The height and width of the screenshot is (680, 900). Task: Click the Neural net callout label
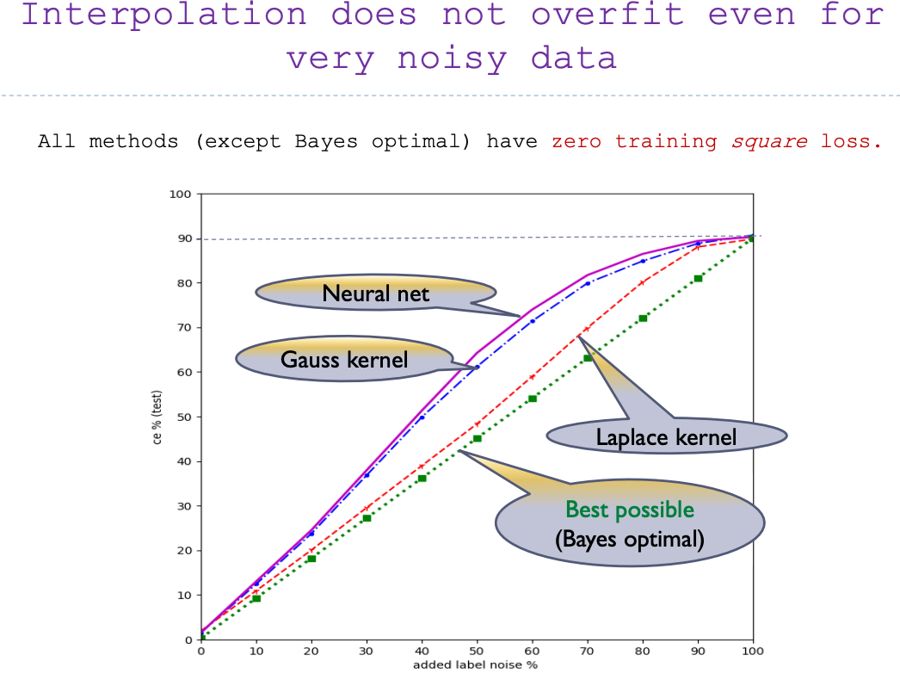[x=375, y=294]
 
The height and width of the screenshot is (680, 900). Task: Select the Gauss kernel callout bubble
[x=344, y=358]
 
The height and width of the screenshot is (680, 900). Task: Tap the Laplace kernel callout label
[x=666, y=437]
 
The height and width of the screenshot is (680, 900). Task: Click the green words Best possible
[x=630, y=510]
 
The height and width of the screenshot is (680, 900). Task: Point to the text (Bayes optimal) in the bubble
[x=630, y=540]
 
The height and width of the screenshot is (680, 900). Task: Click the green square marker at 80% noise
[x=643, y=318]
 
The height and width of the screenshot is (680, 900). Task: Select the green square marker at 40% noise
[x=422, y=478]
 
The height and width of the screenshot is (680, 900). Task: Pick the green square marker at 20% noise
[x=311, y=559]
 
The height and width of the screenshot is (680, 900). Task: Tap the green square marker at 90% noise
[x=698, y=279]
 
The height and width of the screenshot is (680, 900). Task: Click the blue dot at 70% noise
[x=588, y=283]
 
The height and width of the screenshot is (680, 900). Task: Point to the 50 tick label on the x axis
[x=477, y=652]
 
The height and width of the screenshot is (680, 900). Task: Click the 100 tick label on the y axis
[x=180, y=195]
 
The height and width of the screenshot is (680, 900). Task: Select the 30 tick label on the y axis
[x=184, y=506]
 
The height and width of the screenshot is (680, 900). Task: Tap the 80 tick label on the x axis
[x=642, y=652]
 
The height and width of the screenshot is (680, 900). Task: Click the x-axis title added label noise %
[x=475, y=665]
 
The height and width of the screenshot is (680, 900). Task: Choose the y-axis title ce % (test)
[x=157, y=417]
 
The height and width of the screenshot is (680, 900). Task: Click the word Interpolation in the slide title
[x=164, y=15]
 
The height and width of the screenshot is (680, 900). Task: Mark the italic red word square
[x=769, y=141]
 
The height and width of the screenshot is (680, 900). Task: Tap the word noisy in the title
[x=453, y=59]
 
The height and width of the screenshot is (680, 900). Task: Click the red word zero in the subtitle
[x=576, y=141]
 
